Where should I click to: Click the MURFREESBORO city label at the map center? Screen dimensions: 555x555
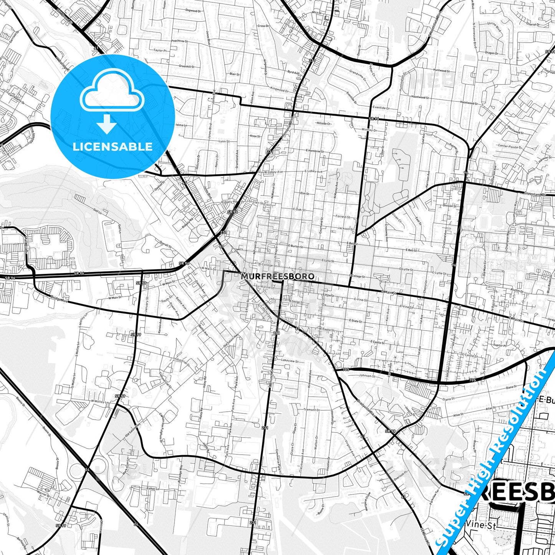278,276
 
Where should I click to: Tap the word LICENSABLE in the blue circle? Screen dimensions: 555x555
113,147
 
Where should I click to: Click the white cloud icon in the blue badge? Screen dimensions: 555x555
112,94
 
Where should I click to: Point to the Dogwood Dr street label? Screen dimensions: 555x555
193,11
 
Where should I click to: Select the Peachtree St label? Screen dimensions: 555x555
179,41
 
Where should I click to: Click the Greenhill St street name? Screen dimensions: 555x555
187,66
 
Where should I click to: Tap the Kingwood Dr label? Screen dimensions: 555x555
279,90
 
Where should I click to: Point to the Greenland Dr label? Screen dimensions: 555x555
535,194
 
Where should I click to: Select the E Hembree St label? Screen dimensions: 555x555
315,151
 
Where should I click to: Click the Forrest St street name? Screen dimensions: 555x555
343,217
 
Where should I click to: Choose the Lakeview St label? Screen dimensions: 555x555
290,361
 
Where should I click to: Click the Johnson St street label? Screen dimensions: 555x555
367,376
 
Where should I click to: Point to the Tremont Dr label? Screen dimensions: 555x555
311,410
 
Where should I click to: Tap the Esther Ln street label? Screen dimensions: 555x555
152,489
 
